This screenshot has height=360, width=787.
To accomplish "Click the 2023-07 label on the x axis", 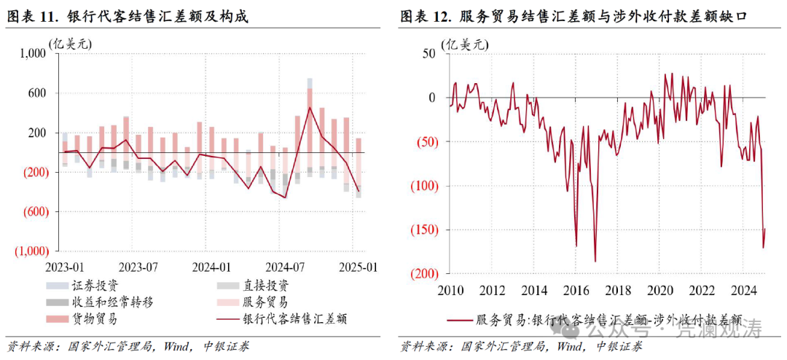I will (x=138, y=267).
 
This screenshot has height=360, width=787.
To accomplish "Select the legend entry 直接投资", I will (x=267, y=285).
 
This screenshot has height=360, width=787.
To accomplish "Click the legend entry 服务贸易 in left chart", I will (x=267, y=302).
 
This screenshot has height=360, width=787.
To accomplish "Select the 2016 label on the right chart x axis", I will (x=576, y=289).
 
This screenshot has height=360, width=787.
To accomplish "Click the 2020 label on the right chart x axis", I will (x=661, y=289).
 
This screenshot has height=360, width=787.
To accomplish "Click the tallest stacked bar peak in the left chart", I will (x=310, y=83).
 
